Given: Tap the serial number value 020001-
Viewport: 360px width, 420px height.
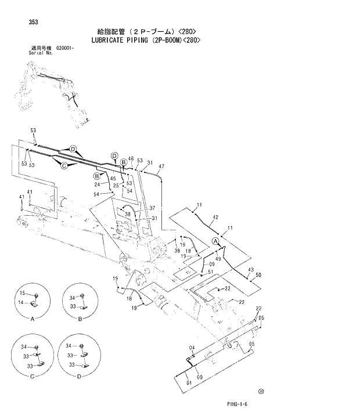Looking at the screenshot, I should point(65,49).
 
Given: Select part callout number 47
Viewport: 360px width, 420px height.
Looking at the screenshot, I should point(161,167).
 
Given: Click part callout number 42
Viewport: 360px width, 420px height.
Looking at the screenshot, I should point(215,218).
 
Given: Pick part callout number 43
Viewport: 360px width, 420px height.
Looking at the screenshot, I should point(250,270).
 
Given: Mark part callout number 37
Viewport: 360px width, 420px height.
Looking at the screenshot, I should point(152,208).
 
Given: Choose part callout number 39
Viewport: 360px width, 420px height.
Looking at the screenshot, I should point(127,214).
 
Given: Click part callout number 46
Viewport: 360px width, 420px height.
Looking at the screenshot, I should point(131,159).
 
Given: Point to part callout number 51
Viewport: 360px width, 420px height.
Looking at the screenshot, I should point(211,272).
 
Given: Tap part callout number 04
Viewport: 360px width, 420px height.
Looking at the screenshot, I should point(191,347).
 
